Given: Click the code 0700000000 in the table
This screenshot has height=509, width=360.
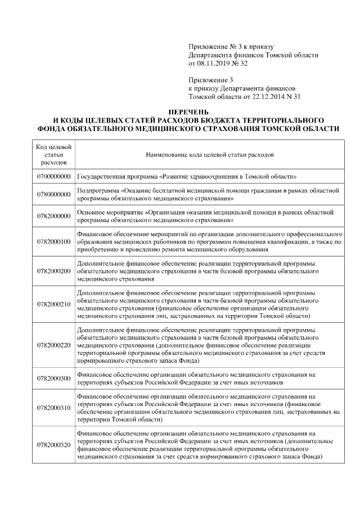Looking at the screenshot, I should point(53,176).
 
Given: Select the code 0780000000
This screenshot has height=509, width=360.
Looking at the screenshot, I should point(53,194).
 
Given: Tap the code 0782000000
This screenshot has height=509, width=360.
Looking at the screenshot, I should point(53,216).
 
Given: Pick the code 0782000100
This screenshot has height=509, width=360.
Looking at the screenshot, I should point(53,242).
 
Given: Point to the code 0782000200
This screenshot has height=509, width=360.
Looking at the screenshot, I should point(53,271).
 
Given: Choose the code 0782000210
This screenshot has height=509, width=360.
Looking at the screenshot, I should point(53,304).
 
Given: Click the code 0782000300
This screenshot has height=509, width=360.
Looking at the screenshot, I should point(53,378).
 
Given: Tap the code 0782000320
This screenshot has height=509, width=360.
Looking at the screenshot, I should point(53,444).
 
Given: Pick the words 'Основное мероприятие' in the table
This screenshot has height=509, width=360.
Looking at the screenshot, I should point(110,213).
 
